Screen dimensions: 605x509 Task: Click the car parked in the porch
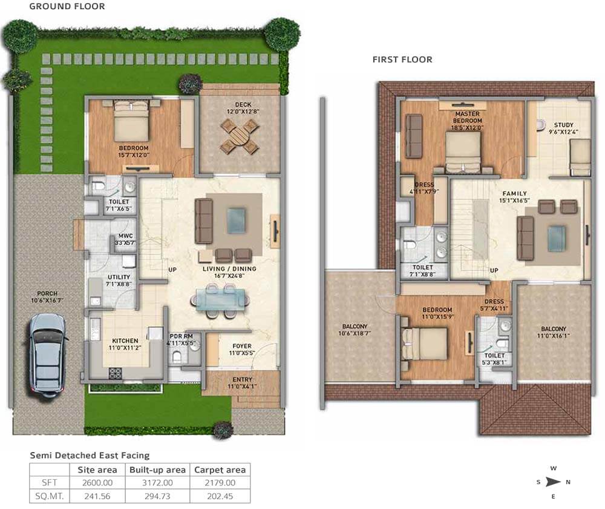tap(47, 356)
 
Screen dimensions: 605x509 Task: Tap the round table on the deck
tap(239, 135)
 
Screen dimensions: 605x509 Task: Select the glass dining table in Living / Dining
tap(220, 300)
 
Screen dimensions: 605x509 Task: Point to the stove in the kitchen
tap(115, 373)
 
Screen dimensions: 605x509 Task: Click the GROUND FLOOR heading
tap(67, 6)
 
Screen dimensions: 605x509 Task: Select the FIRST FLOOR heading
tap(402, 59)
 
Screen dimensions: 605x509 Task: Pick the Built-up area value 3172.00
tap(157, 483)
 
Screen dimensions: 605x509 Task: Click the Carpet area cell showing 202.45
tap(220, 496)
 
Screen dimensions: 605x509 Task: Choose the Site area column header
tap(97, 470)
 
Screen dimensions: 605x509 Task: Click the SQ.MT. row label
tap(50, 496)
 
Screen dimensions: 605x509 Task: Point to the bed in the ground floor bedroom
tap(131, 121)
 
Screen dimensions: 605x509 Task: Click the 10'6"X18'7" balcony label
tap(355, 330)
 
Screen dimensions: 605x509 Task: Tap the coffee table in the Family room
tap(557, 239)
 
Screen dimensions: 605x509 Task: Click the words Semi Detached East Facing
tap(90, 455)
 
